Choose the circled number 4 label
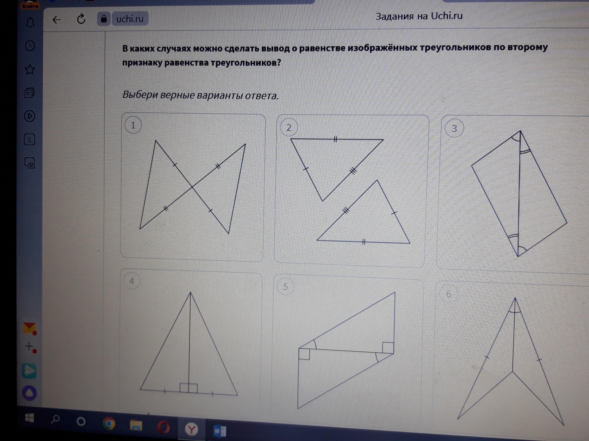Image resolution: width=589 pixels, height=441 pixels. pos(132,281)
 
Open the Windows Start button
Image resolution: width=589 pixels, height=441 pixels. pos(30,418)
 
